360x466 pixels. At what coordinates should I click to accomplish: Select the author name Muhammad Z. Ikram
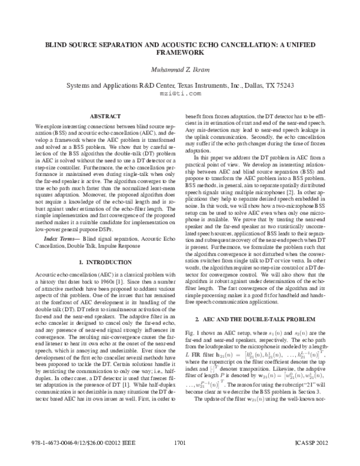pyautogui.click(x=180, y=70)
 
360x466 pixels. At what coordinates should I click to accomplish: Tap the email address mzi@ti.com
pyautogui.click(x=180, y=93)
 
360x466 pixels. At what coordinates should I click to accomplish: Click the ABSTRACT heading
pyautogui.click(x=106, y=116)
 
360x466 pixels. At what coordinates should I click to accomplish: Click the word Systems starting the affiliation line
pyautogui.click(x=81, y=85)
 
